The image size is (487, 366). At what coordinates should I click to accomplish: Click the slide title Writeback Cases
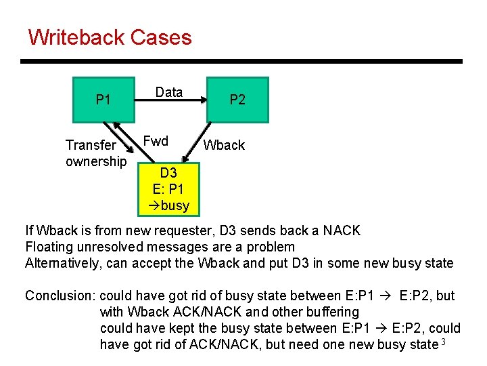point(110,37)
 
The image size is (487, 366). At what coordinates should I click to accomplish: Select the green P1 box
point(103,100)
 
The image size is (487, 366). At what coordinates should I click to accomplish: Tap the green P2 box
point(237,100)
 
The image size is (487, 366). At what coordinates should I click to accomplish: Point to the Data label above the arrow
point(169,92)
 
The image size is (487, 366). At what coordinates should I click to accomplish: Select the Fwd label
point(156,141)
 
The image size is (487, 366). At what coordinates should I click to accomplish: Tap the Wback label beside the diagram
point(225,145)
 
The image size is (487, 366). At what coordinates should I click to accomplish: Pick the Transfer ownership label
point(95,153)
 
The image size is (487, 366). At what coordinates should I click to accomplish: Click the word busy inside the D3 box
point(173,205)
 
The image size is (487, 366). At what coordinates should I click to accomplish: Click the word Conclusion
point(60,296)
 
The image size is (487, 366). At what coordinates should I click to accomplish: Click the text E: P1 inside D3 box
point(168,189)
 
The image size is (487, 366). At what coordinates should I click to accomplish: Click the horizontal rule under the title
point(241,62)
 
